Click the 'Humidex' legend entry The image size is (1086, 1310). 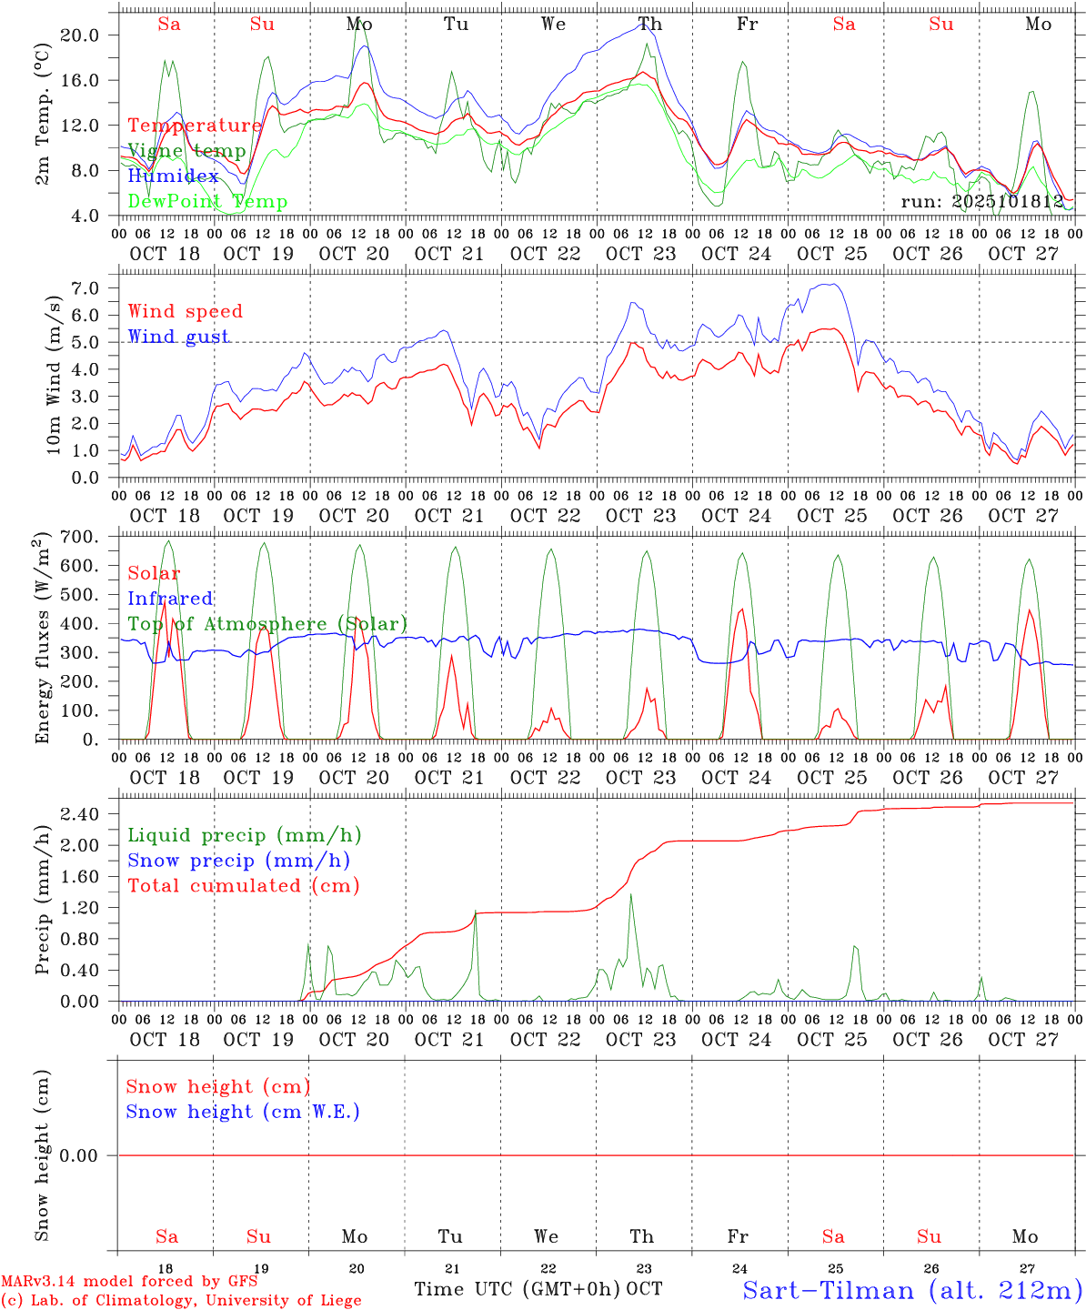[173, 176]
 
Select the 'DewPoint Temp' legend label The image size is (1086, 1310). [207, 202]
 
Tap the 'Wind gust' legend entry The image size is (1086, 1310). [178, 337]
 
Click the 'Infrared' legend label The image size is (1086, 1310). [170, 599]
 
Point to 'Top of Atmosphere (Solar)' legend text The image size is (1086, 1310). [267, 624]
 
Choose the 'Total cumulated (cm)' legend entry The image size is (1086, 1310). [243, 886]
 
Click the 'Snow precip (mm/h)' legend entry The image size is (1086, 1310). [238, 861]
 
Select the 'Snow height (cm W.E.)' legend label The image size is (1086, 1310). [243, 1112]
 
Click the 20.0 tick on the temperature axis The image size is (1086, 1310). [91, 35]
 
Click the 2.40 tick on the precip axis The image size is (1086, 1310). [91, 814]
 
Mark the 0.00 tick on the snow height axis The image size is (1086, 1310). [91, 1156]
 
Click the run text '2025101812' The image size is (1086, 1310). [981, 202]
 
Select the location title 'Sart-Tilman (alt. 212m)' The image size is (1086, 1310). [912, 1290]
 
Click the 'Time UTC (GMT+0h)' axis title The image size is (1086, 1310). [517, 1289]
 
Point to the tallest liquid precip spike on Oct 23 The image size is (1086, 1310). [630, 895]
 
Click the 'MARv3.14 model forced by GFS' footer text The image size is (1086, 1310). [129, 1282]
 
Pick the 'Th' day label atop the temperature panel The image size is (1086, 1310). [649, 25]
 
